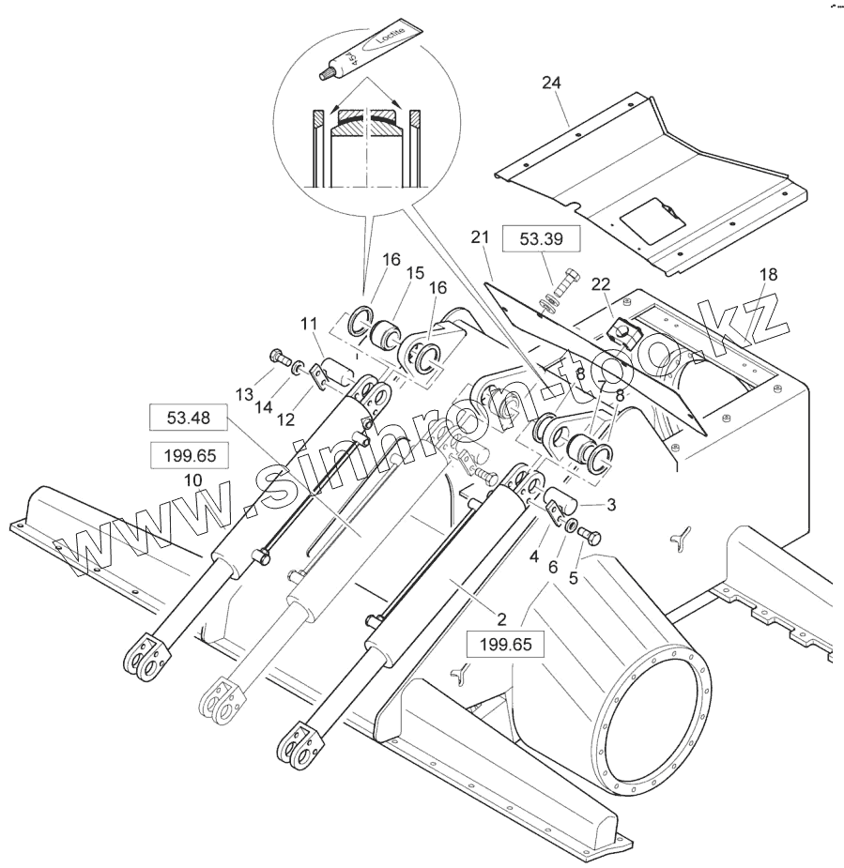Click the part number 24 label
click(551, 84)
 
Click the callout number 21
click(481, 239)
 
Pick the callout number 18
click(768, 274)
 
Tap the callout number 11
click(309, 325)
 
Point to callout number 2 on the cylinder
click(502, 620)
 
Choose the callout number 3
click(611, 505)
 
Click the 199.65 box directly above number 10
click(188, 456)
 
